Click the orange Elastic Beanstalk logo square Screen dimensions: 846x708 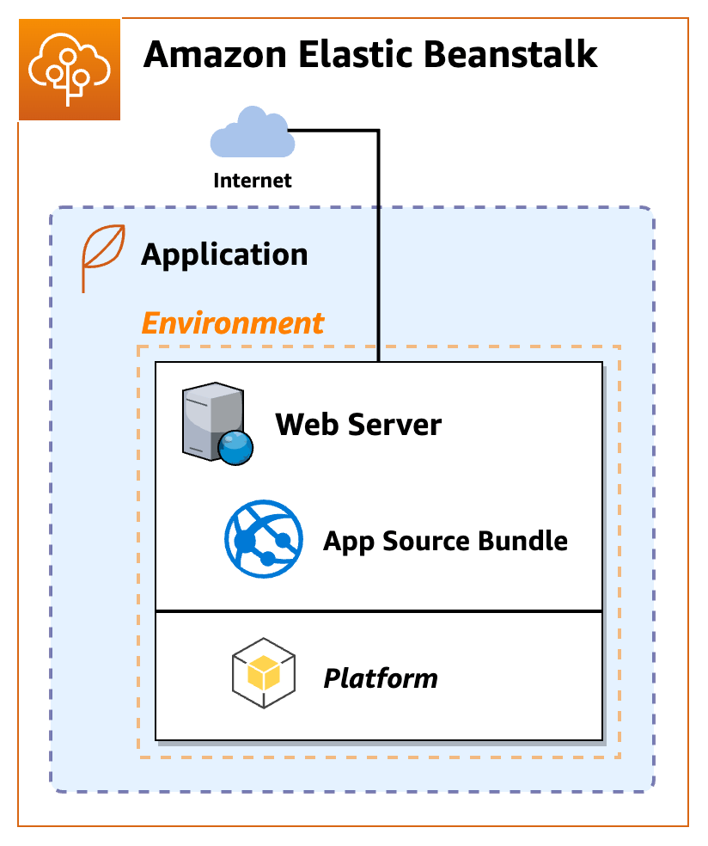(70, 70)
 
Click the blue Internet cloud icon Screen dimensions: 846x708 (250, 133)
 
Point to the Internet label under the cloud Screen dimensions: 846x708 (252, 181)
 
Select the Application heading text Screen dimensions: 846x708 (224, 254)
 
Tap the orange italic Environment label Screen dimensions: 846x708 (232, 323)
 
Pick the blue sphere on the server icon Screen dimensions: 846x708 (235, 446)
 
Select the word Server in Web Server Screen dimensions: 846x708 (395, 425)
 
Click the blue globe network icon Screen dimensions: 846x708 (264, 539)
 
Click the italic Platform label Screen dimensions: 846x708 (381, 679)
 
